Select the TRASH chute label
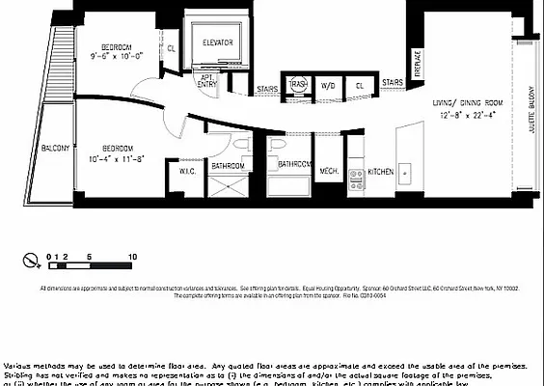pos(298,84)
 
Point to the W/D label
pos(328,84)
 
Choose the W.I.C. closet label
pos(188,172)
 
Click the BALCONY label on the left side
pos(54,149)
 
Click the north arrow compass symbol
pos(32,259)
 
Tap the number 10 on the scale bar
pos(131,257)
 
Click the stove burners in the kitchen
pos(355,177)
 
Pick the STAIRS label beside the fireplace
pos(392,83)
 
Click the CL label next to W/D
pos(358,84)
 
